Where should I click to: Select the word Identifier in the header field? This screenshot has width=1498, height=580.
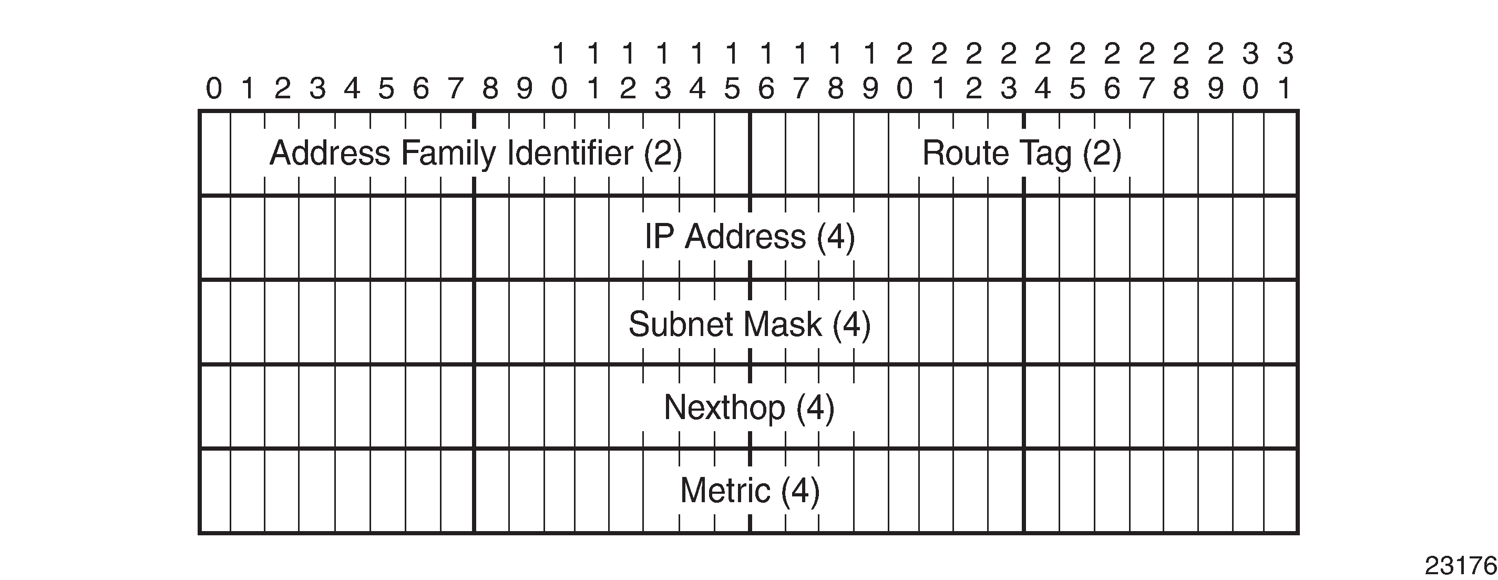pos(570,153)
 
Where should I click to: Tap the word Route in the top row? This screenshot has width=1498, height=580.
pos(966,154)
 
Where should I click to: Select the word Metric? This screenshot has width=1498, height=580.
pos(725,491)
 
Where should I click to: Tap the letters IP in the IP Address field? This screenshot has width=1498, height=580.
pos(660,237)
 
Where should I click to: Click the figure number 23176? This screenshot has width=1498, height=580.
pos(1460,565)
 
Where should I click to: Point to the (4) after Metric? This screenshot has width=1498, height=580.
pos(800,491)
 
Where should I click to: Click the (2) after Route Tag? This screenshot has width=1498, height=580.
pos(1101,154)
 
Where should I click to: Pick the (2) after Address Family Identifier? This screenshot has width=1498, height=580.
pos(662,154)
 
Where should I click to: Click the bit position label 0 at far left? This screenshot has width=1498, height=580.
pos(214,89)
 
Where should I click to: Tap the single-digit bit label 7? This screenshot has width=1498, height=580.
pos(456,89)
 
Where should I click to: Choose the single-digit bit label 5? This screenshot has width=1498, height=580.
pos(387,89)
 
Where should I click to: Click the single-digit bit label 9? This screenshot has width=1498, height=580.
pos(525,89)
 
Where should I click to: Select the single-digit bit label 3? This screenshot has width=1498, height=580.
pos(317,89)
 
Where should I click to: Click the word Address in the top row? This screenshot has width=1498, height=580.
pos(330,153)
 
